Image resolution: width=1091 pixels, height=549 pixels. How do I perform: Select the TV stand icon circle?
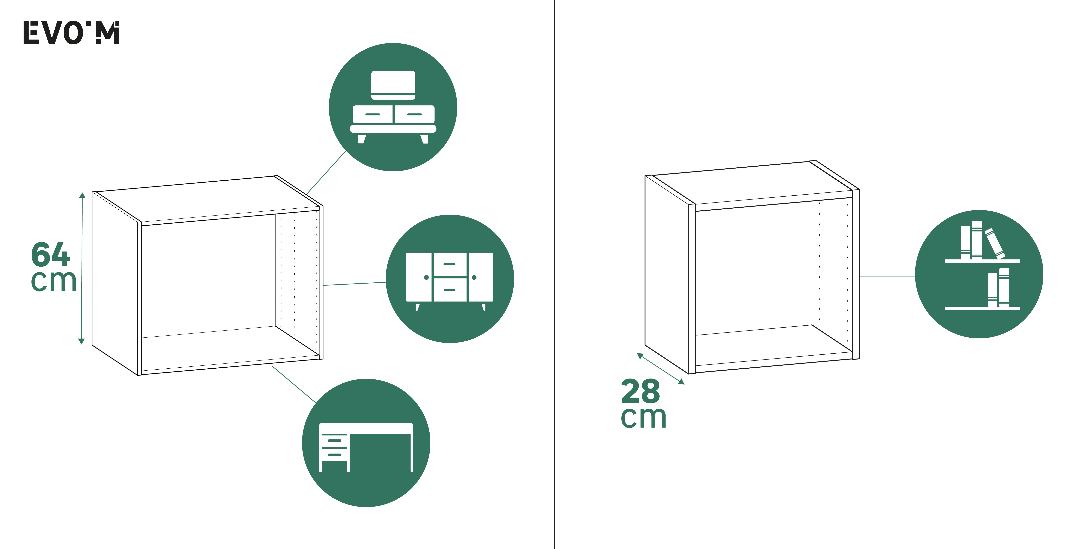[x=393, y=107]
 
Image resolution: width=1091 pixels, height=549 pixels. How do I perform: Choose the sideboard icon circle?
[x=450, y=279]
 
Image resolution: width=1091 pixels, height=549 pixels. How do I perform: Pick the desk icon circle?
[x=366, y=443]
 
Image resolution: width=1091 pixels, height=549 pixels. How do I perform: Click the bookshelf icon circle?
[x=979, y=274]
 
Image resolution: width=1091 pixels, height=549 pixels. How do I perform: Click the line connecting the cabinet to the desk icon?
[x=294, y=384]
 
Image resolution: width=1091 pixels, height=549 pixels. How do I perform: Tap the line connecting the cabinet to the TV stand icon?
[x=327, y=172]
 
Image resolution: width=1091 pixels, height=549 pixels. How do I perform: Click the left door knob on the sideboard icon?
[x=426, y=277]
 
